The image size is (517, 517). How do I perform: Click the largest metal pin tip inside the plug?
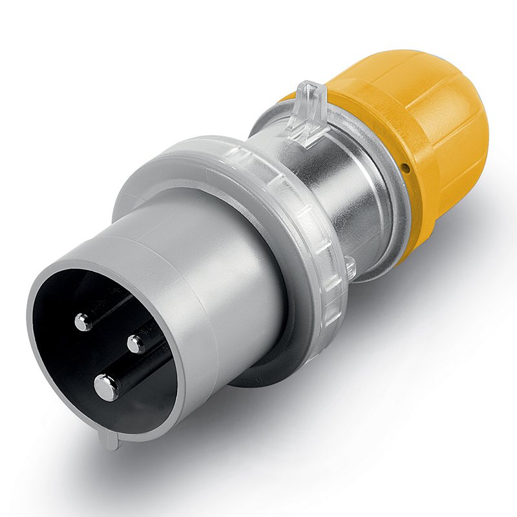(106, 387)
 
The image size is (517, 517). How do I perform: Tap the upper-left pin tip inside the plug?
(83, 321)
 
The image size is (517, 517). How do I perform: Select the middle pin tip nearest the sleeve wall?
(136, 343)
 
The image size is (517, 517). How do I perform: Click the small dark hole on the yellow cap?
(405, 169)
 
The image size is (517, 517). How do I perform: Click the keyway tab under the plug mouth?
(110, 439)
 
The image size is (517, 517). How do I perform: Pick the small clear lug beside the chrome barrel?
(350, 267)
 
